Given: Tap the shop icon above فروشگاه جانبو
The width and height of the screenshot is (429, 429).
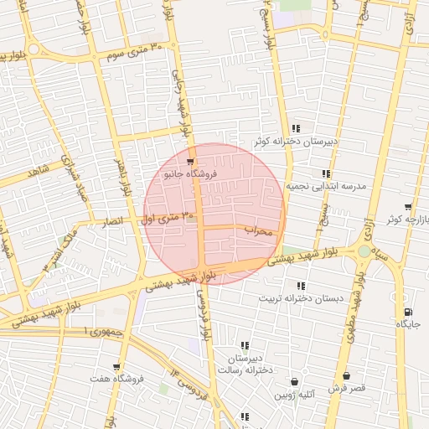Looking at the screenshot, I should [x=190, y=162].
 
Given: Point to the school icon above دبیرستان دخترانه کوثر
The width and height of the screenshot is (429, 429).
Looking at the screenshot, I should [x=296, y=128].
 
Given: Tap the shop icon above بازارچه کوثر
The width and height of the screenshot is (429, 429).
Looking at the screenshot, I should [x=408, y=207].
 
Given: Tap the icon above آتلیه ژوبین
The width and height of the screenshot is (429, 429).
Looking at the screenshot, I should [x=293, y=377].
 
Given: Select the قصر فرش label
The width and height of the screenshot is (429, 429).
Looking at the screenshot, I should [x=346, y=389].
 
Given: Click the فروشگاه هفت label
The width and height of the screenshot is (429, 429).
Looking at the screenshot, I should [x=117, y=379].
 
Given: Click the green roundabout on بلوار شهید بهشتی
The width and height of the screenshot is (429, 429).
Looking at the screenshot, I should [x=364, y=251].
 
